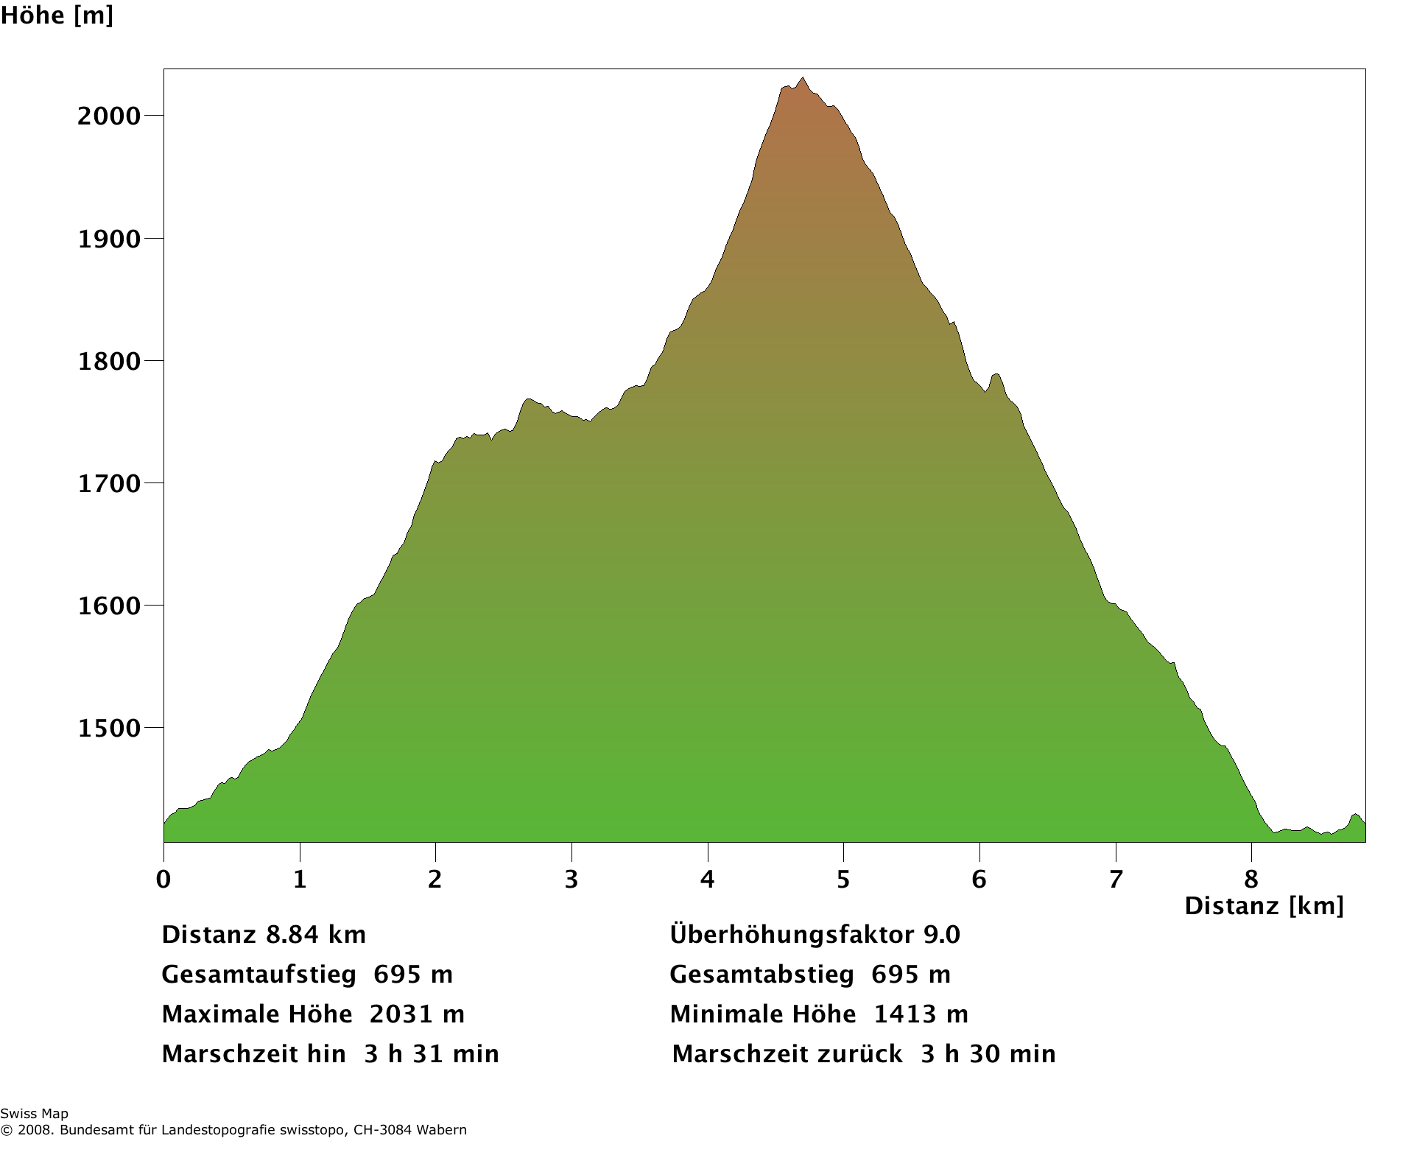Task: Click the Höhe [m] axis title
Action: coord(57,15)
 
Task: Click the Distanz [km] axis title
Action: coord(1264,905)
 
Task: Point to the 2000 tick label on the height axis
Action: coord(109,116)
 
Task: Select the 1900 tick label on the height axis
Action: coord(109,239)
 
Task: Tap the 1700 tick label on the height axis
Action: coord(109,484)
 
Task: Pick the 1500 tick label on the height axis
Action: coord(109,729)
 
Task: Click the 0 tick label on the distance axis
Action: coord(163,879)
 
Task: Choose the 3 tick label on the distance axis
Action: coord(571,879)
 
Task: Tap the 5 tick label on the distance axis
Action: coord(843,879)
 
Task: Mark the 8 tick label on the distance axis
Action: coord(1251,879)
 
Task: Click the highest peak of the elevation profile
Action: coord(803,77)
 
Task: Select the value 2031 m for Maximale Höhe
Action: coord(417,1014)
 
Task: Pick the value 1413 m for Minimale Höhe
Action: coord(921,1014)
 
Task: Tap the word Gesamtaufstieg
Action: coord(258,975)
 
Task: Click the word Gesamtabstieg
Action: coord(761,975)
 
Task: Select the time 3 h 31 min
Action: coord(432,1054)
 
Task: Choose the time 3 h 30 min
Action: coord(988,1054)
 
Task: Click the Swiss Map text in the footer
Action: coord(34,1114)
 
